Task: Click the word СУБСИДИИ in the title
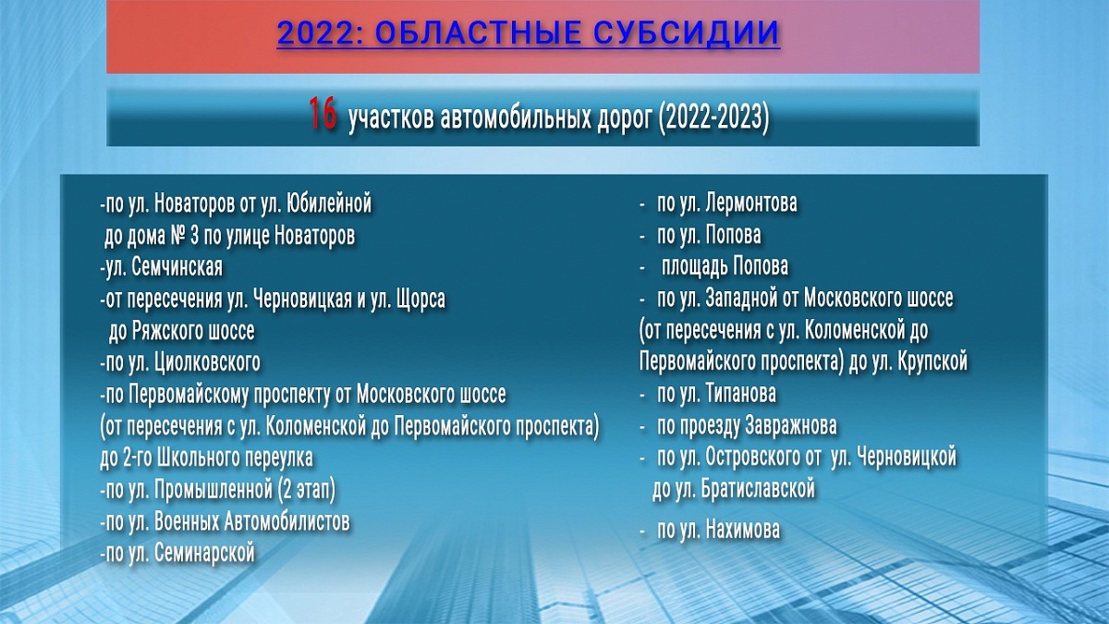pyautogui.click(x=686, y=32)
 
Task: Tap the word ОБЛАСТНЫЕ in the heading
pyautogui.click(x=477, y=32)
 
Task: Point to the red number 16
pyautogui.click(x=323, y=113)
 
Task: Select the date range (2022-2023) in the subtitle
pyautogui.click(x=713, y=118)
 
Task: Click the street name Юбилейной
pyautogui.click(x=329, y=203)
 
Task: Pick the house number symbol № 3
pyautogui.click(x=184, y=235)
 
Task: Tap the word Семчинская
pyautogui.click(x=177, y=267)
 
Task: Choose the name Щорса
pyautogui.click(x=420, y=300)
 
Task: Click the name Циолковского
pyautogui.click(x=207, y=362)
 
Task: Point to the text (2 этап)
pyautogui.click(x=307, y=490)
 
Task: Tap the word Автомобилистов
pyautogui.click(x=287, y=521)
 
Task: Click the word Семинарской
pyautogui.click(x=204, y=553)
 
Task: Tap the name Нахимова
pyautogui.click(x=743, y=530)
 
